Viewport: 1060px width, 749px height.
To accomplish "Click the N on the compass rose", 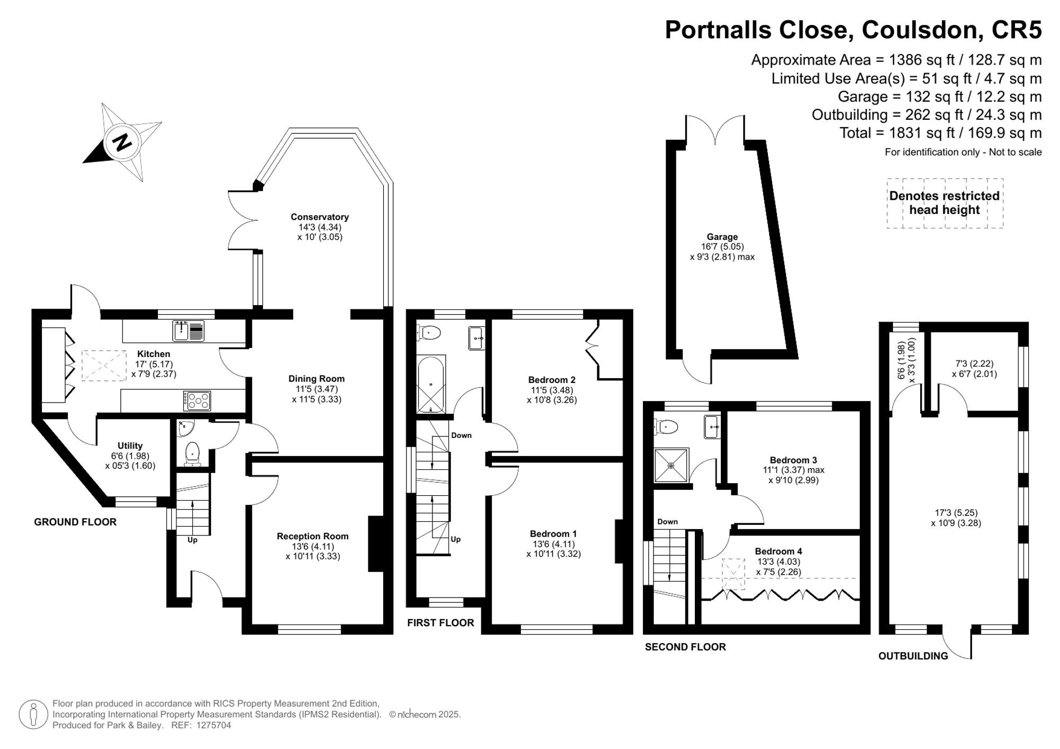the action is click(x=123, y=142).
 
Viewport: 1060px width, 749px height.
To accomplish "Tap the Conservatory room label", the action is click(x=320, y=217).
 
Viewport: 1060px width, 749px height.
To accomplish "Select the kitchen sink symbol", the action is click(x=189, y=331).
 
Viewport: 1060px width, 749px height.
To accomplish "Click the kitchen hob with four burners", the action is click(x=197, y=400).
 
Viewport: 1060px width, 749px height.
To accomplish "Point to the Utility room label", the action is click(x=130, y=445).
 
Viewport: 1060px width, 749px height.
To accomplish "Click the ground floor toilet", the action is click(x=192, y=454).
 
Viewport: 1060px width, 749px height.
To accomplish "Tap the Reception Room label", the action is click(x=313, y=536).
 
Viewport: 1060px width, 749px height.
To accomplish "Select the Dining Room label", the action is click(x=316, y=379).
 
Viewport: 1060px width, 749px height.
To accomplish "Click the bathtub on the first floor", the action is click(x=431, y=384).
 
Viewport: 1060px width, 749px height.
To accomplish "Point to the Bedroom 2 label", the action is click(x=552, y=380).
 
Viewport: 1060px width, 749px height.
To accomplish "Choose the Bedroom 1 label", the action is click(x=553, y=534).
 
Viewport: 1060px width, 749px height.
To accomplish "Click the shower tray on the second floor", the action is click(x=672, y=466).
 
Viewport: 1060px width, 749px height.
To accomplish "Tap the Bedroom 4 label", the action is click(x=779, y=551).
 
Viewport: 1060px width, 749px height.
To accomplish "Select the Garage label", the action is click(x=722, y=237).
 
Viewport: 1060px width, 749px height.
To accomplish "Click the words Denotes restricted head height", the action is click(x=944, y=203).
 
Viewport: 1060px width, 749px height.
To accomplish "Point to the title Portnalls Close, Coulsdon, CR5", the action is click(x=853, y=30).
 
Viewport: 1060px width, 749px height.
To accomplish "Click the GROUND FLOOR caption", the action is click(x=75, y=522).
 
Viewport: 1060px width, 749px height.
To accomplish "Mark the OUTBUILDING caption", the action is click(x=913, y=656).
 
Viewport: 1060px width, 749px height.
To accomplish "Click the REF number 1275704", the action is click(x=214, y=726).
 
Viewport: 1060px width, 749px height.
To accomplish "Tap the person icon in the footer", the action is click(x=34, y=715).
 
